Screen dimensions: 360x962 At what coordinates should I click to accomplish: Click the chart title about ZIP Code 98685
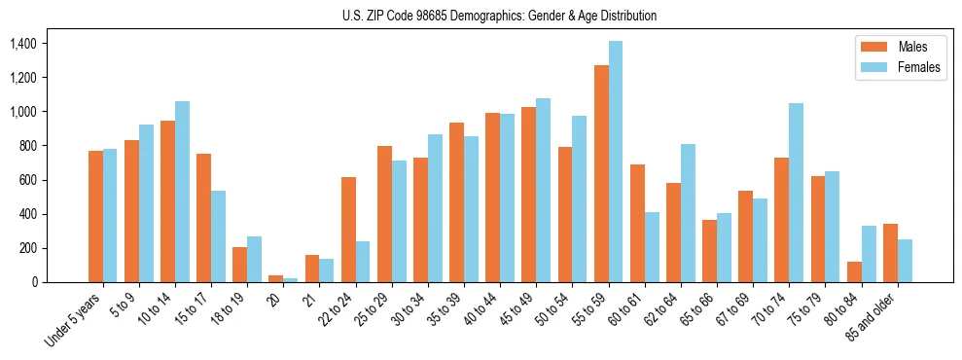click(x=499, y=16)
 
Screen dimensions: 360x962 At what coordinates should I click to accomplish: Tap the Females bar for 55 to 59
click(x=616, y=162)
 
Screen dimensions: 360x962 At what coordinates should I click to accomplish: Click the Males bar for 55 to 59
click(x=601, y=173)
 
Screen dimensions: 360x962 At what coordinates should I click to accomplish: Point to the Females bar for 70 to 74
click(x=796, y=193)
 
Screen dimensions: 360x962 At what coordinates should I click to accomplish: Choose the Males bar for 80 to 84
click(x=854, y=271)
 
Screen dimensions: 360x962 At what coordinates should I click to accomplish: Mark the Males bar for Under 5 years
click(x=95, y=216)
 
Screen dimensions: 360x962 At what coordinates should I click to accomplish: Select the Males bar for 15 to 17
click(x=204, y=218)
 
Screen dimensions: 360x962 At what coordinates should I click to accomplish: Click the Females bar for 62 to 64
click(x=688, y=213)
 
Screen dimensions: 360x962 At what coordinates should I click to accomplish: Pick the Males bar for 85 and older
click(x=890, y=253)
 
